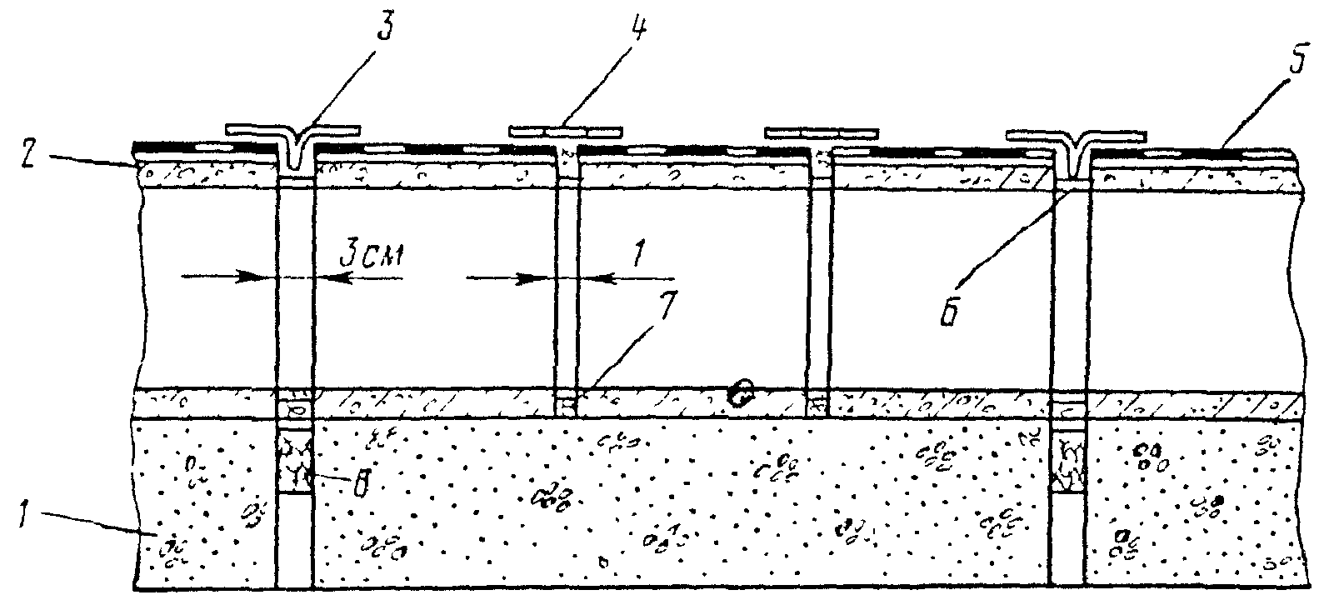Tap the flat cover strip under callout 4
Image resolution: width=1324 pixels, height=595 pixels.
pos(567,131)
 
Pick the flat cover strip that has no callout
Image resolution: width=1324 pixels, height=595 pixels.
pos(822,132)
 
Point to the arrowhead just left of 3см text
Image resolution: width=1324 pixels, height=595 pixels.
pos(330,277)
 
